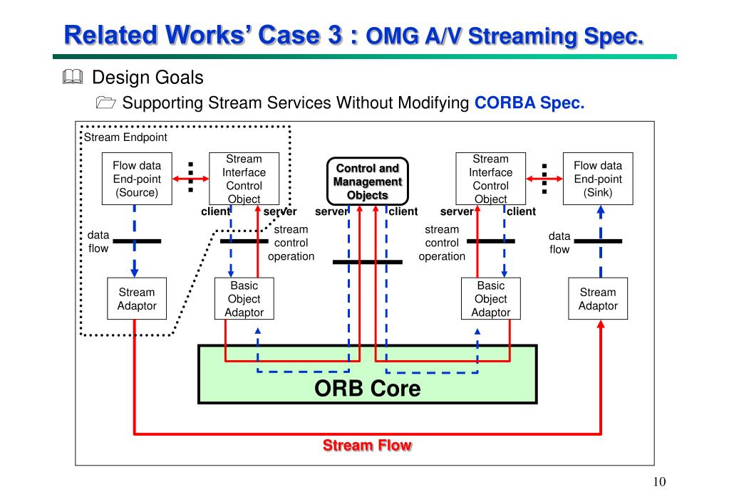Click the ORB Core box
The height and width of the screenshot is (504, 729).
point(367,374)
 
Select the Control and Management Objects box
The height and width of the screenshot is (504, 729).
point(367,181)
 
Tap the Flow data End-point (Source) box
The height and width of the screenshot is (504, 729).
point(137,179)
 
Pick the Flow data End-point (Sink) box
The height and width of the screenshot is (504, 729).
point(598,179)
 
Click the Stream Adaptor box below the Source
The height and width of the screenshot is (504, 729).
point(137,299)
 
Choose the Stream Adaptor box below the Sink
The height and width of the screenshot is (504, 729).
point(598,299)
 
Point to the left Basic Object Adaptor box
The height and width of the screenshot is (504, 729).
point(244,299)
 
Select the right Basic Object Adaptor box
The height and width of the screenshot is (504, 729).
point(490,299)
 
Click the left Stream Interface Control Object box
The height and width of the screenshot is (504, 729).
point(244,179)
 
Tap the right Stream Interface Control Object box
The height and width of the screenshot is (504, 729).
point(490,179)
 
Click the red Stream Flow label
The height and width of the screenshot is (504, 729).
point(367,445)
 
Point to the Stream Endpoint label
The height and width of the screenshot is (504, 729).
point(125,137)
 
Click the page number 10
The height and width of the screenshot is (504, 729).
point(659,482)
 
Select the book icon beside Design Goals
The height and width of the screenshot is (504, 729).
point(73,77)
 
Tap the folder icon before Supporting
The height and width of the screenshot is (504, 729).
point(106,103)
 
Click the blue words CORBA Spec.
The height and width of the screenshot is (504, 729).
point(529,103)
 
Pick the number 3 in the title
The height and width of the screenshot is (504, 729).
point(335,36)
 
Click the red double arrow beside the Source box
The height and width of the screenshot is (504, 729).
point(190,179)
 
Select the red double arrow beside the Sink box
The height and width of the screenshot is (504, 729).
point(544,179)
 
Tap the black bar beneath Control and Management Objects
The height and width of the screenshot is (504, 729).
point(367,262)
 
